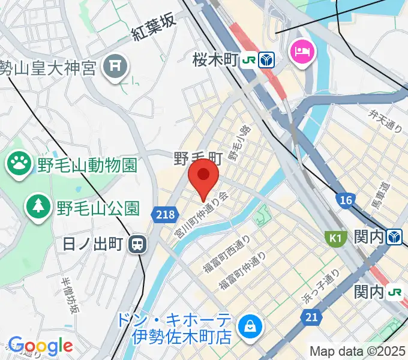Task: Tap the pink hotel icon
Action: pyautogui.click(x=300, y=50)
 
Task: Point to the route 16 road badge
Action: pyautogui.click(x=345, y=200)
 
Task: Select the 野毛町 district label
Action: pyautogui.click(x=198, y=159)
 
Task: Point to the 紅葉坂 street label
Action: pyautogui.click(x=154, y=28)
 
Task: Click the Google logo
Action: pyautogui.click(x=40, y=346)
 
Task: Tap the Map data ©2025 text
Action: pyautogui.click(x=358, y=350)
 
